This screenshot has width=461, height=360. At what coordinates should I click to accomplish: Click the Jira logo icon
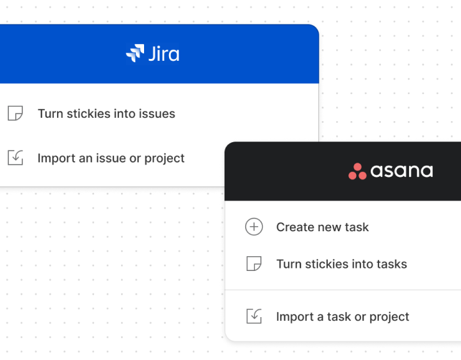(x=135, y=54)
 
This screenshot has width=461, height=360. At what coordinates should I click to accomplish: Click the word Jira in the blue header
(x=164, y=54)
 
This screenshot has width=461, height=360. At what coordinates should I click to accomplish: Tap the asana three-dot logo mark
(x=357, y=171)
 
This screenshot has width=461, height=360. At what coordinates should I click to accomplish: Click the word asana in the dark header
(x=401, y=171)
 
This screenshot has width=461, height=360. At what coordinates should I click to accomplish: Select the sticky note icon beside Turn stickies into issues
(x=15, y=113)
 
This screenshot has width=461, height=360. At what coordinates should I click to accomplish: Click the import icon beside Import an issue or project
(x=15, y=158)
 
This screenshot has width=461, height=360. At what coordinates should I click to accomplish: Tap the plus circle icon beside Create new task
(x=254, y=227)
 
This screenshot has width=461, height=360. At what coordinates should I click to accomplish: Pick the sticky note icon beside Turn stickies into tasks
(x=254, y=264)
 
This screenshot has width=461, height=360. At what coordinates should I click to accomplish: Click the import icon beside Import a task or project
(x=254, y=316)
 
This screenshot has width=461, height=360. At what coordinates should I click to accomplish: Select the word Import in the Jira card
(x=56, y=158)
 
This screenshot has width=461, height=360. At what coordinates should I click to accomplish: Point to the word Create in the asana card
(x=295, y=227)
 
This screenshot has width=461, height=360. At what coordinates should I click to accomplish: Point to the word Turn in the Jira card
(x=50, y=113)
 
